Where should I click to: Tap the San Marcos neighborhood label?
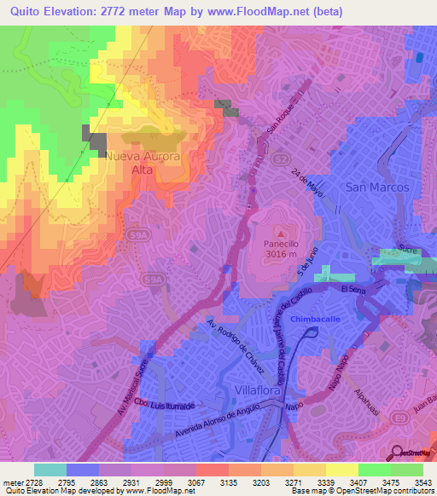click(x=377, y=187)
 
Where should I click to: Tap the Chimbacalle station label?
click(x=315, y=318)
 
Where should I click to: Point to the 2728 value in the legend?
click(x=23, y=483)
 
